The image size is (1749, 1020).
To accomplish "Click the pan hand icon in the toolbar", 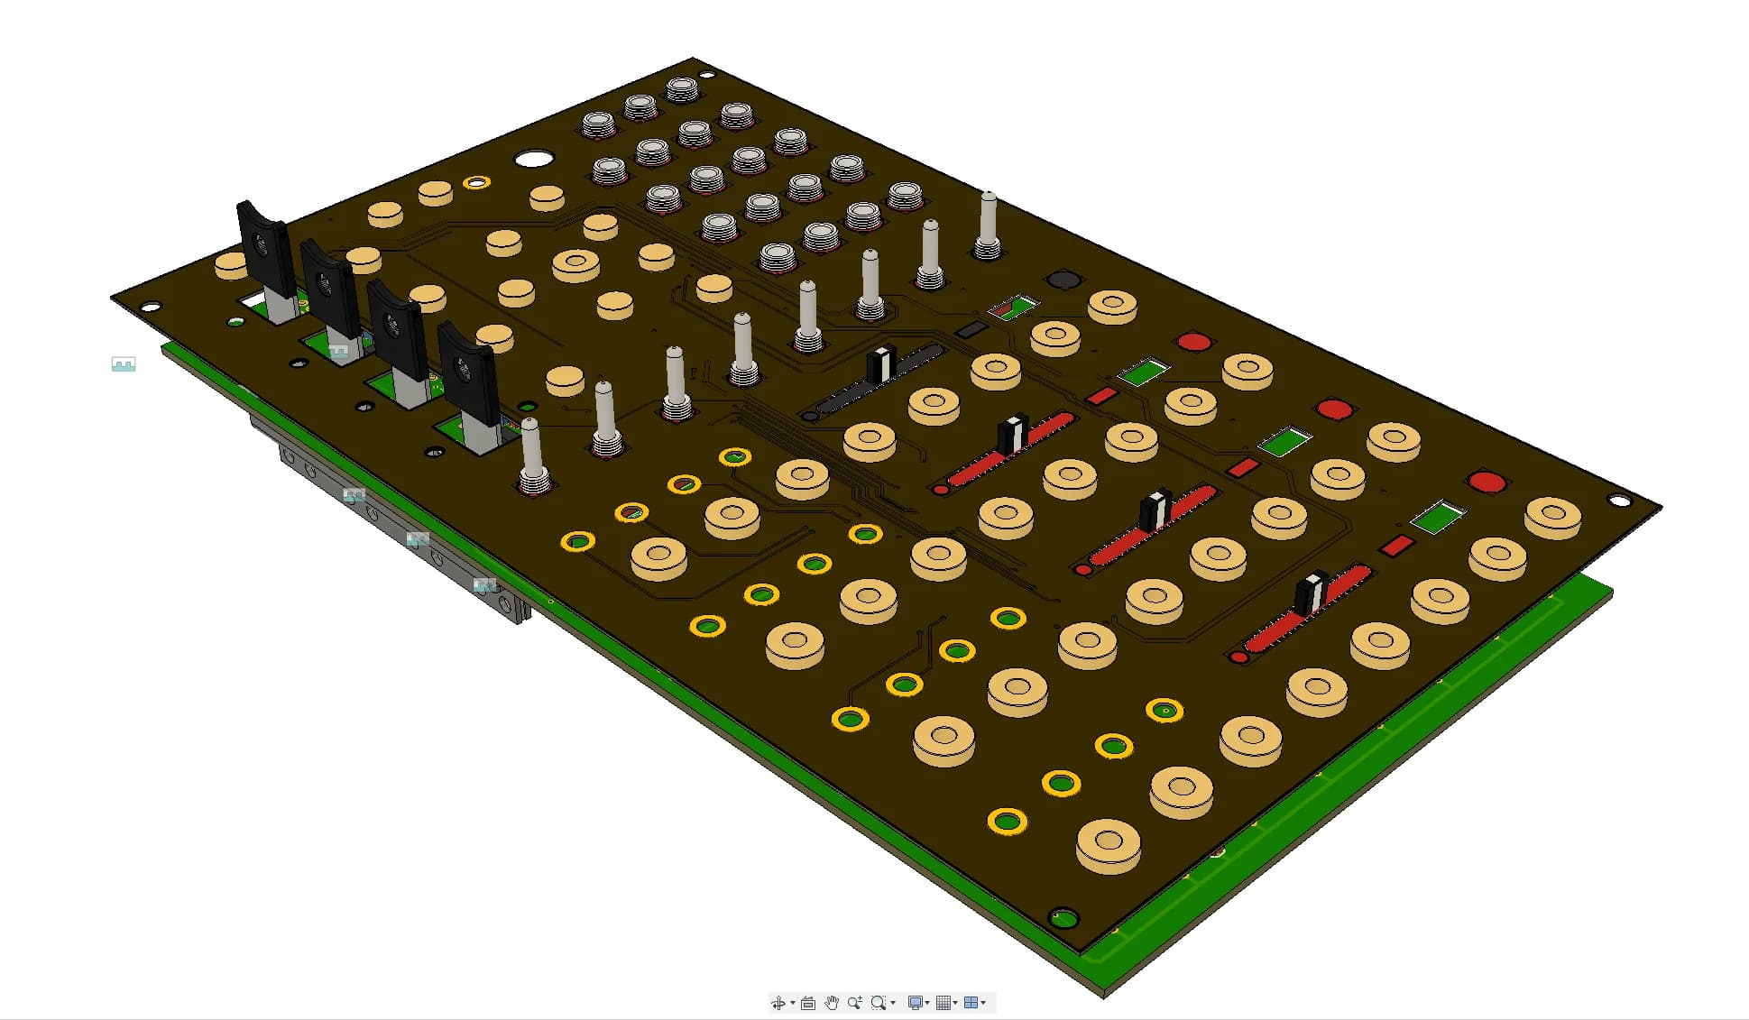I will [x=831, y=1003].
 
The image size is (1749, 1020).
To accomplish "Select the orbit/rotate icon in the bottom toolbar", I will [x=778, y=1003].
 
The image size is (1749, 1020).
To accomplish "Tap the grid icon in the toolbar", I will [x=944, y=1003].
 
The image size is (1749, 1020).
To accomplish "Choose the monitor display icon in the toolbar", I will [x=915, y=1003].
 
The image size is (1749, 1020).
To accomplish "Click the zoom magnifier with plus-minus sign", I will [x=854, y=1003].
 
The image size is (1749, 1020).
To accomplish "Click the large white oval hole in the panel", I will [x=533, y=160].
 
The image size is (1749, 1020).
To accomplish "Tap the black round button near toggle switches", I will [x=1063, y=279].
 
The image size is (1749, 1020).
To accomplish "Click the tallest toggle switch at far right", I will [x=989, y=221].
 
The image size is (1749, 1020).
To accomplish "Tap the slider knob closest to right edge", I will [x=1311, y=592].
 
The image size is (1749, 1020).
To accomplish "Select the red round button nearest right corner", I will [x=1487, y=482].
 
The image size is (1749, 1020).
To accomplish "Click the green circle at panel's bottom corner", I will [x=1064, y=919].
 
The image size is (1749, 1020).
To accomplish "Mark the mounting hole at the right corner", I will [x=1619, y=501].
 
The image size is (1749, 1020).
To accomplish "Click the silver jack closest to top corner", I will [x=682, y=89].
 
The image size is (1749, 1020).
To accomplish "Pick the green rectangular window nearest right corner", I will [x=1438, y=518].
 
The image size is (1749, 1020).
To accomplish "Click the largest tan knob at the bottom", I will [x=1109, y=844].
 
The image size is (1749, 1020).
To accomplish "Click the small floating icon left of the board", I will [x=124, y=364].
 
